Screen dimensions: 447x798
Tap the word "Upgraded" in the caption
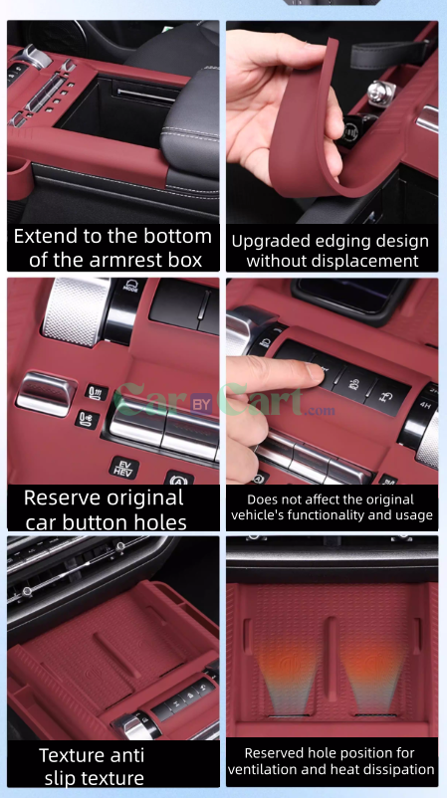[270, 241]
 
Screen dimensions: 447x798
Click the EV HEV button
[123, 467]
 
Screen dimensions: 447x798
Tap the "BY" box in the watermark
[202, 405]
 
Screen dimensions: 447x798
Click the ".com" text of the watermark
[320, 410]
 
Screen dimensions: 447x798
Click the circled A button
[179, 480]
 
